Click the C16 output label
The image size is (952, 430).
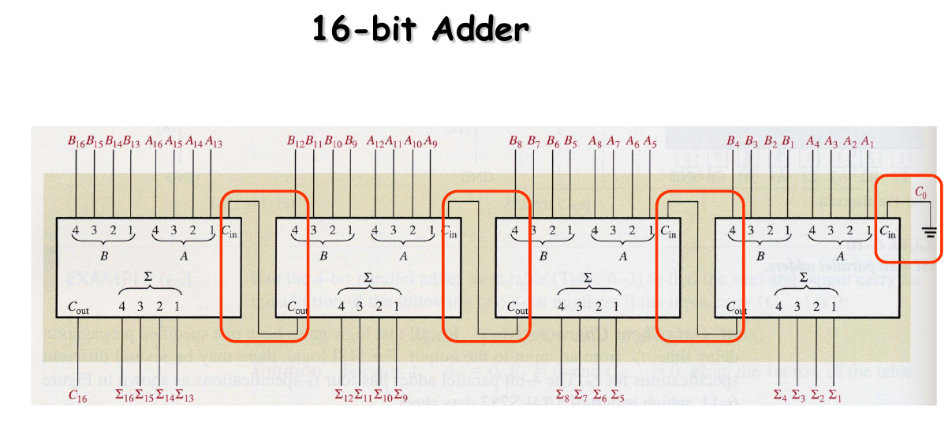pyautogui.click(x=77, y=397)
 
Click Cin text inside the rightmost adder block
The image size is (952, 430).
pyautogui.click(x=887, y=233)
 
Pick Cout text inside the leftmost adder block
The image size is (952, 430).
pyautogui.click(x=79, y=308)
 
